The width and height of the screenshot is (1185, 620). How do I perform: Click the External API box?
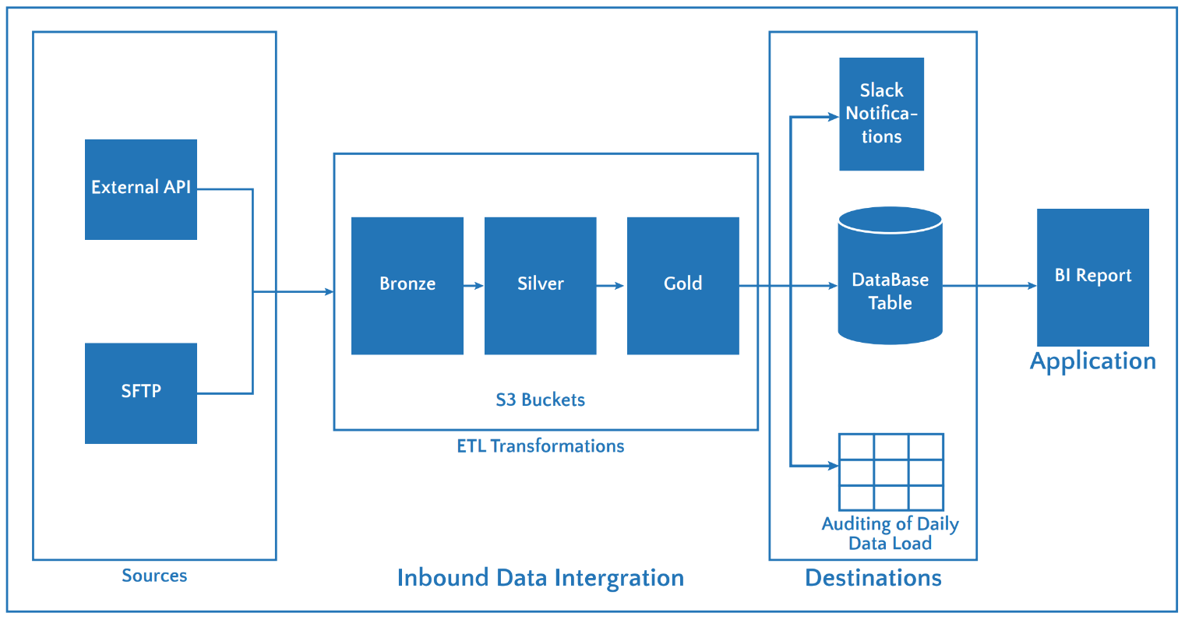coord(140,189)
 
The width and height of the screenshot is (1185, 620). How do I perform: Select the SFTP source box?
coord(140,393)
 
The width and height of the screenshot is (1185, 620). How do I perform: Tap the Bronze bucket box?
coord(407,285)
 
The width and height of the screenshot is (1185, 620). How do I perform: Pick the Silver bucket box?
coord(540,285)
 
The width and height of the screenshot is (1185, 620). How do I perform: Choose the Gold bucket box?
coord(682,285)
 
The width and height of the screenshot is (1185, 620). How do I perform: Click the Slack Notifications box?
coord(881,114)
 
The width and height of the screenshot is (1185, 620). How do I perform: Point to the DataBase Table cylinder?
coord(890,276)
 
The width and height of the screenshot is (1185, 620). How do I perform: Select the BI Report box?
coord(1092,277)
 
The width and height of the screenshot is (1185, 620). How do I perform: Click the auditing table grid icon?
coord(891,472)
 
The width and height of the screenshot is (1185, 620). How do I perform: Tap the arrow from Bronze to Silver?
coord(474,286)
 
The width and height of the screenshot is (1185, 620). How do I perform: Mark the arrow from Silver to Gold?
coord(612,286)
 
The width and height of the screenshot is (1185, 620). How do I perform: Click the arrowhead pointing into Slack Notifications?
coord(833,118)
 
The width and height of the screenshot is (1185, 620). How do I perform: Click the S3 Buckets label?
coord(540,400)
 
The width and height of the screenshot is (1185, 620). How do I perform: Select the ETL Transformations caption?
coord(540,446)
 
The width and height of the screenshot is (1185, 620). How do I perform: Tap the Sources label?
coord(154,576)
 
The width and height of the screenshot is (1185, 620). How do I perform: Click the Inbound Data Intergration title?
coord(540,578)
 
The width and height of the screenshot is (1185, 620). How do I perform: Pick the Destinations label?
coord(873,578)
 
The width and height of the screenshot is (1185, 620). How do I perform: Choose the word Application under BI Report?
coord(1092,361)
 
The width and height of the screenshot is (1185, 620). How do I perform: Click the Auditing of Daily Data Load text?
coord(890,534)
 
